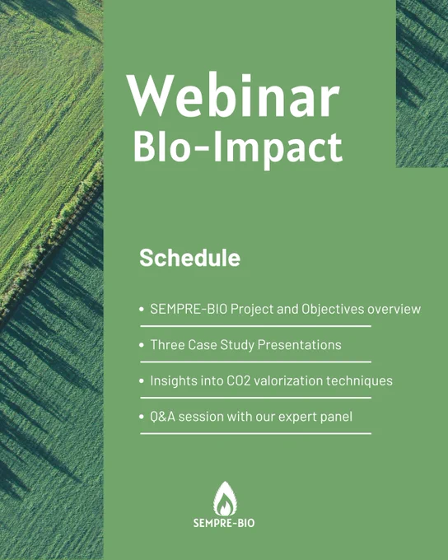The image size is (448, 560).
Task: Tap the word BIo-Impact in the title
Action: point(238,147)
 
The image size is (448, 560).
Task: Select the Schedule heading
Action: point(189,257)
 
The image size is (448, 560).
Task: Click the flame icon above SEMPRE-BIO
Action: point(225,498)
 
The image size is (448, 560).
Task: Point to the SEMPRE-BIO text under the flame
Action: point(224,523)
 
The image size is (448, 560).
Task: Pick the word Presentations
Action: point(300,344)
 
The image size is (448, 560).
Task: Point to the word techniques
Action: point(359,381)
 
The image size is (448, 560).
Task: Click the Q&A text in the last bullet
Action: point(162,417)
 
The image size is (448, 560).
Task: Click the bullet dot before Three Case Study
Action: point(142,345)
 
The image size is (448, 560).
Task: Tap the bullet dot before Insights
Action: point(142,380)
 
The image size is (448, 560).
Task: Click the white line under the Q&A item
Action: point(256,433)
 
